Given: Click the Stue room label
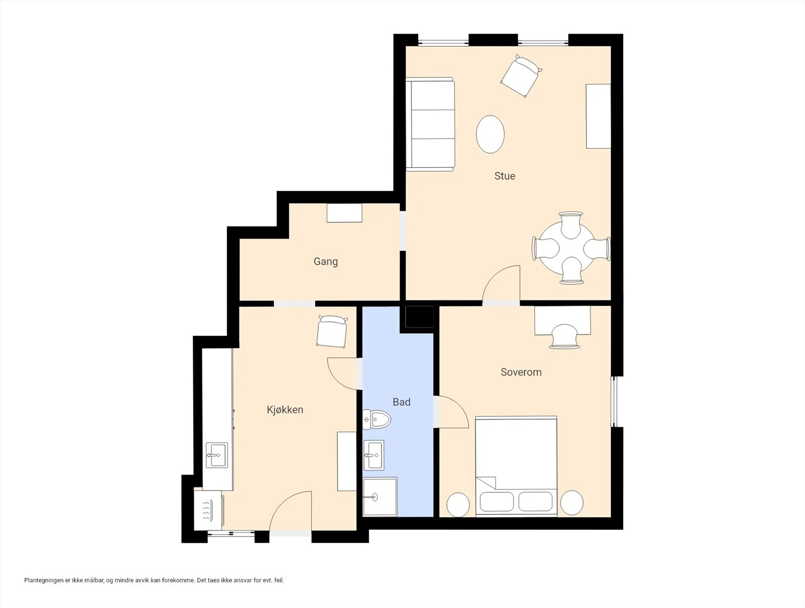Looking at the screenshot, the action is pos(505,176).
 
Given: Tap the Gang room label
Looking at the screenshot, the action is pos(326,262).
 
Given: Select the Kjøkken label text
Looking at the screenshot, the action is pos(285,410).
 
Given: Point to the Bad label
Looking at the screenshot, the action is pos(401,402).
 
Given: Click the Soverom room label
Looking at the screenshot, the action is pos(521,372).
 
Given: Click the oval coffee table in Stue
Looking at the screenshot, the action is pos(490,134).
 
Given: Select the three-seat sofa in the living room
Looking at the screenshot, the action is pos(430,124).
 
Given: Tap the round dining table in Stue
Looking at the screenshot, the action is pos(566,248).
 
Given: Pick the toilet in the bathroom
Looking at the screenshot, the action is pos(377,420).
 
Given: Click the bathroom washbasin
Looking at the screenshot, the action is pos(373,455).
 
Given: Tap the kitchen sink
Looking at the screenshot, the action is pos(216,455).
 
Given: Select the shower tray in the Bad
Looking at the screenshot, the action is pos(379,497).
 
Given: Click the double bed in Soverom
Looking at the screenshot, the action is pos(516,466).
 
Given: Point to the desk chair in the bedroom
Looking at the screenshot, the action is pos(564,336).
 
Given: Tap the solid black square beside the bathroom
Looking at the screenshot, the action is pos(419,317).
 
